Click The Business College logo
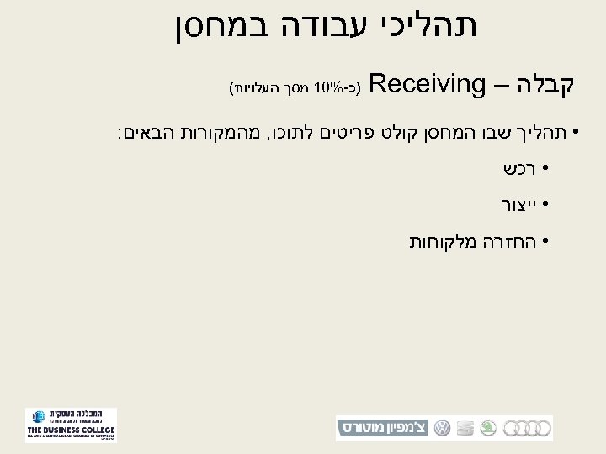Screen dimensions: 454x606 tap(71, 425)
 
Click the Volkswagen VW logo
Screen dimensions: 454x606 tap(441, 428)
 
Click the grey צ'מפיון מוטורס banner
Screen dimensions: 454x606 tap(384, 428)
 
